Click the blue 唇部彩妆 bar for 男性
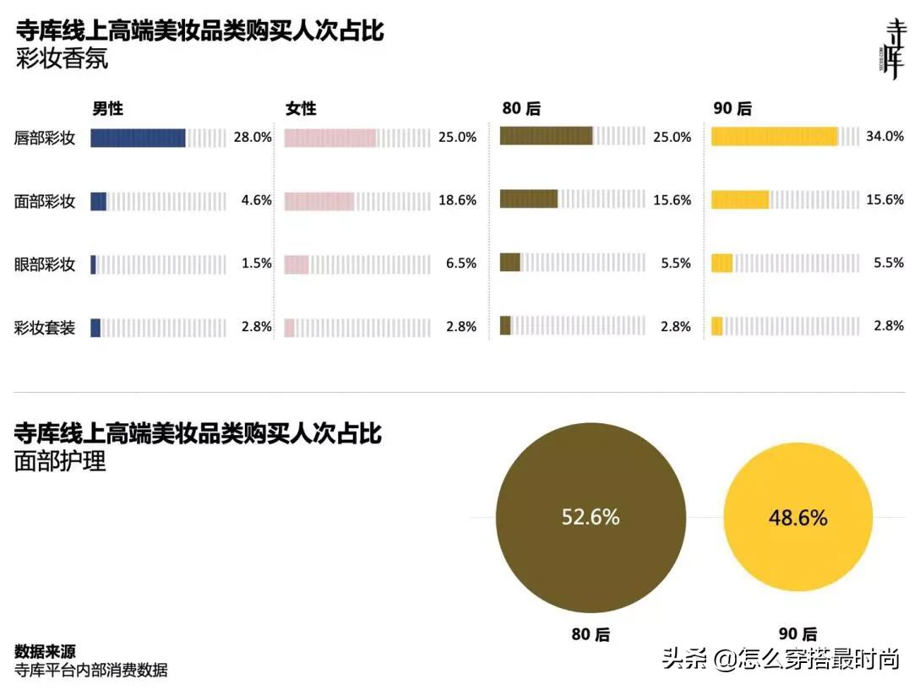(x=138, y=138)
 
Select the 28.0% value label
(x=253, y=137)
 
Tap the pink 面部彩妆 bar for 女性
(x=318, y=201)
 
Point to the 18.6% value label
(x=457, y=200)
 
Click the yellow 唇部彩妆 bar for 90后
(x=774, y=136)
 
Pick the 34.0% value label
(x=885, y=136)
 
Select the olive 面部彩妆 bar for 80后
(x=529, y=198)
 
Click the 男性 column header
(x=108, y=109)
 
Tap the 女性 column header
(x=301, y=109)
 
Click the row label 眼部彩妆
(x=45, y=264)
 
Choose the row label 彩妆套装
(x=45, y=328)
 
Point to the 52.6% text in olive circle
(x=591, y=517)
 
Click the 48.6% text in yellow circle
(x=798, y=518)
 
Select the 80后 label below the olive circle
(x=591, y=634)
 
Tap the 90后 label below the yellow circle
(x=798, y=634)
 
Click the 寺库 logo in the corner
(x=892, y=48)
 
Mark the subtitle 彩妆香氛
(x=62, y=61)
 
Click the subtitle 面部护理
(x=61, y=462)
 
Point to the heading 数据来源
(x=45, y=651)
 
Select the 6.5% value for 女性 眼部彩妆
(x=460, y=264)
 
